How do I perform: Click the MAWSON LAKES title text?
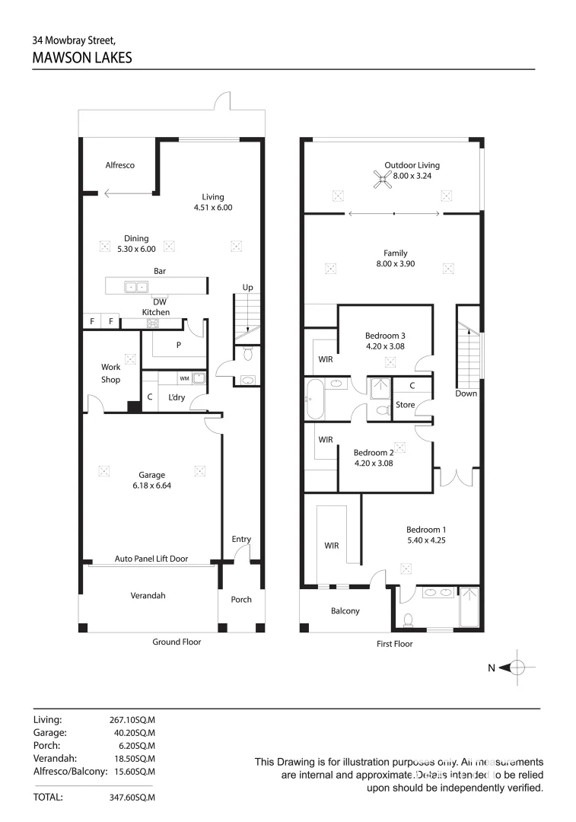82,57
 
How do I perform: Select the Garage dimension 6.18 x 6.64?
151,485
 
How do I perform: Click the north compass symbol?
517,667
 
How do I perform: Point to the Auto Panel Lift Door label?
151,558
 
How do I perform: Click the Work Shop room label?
111,373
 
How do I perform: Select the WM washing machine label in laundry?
184,378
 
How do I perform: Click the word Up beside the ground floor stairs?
247,288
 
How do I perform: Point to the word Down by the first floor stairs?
466,393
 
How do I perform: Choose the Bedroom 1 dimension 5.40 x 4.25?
427,540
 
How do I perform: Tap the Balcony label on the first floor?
345,610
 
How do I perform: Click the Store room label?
406,405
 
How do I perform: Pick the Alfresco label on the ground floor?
120,165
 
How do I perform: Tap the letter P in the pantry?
179,344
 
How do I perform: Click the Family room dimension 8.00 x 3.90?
395,264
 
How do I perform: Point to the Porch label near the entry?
241,599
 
